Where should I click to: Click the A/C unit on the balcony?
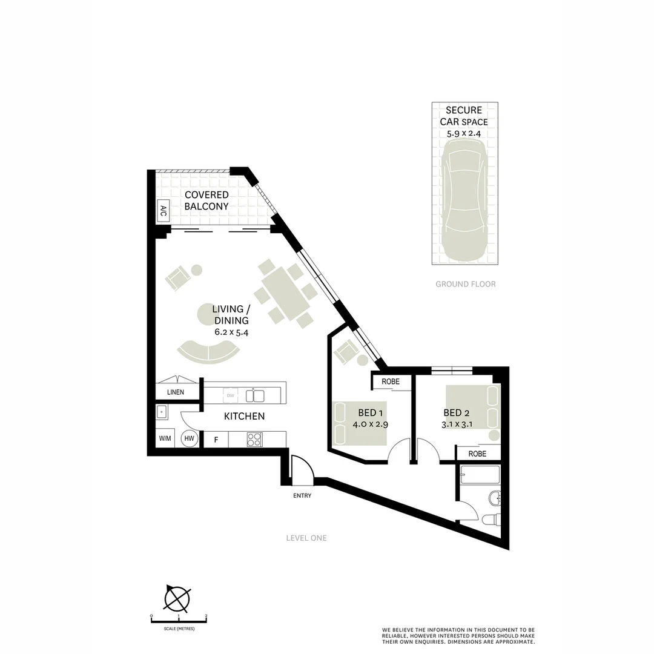click(163, 210)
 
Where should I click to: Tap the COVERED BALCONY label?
click(206, 200)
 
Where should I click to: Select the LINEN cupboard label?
click(176, 392)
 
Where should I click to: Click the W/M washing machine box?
click(165, 438)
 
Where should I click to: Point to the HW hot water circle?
click(190, 438)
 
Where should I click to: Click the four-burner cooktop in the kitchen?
click(254, 439)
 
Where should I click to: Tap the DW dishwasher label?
click(230, 396)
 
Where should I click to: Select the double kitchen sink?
click(255, 396)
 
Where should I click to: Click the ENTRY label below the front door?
click(302, 496)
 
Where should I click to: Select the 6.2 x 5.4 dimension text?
click(231, 332)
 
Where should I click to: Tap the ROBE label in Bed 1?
click(391, 382)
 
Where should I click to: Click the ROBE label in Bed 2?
click(477, 454)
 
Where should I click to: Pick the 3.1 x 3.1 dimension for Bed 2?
click(457, 424)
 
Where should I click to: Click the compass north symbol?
click(177, 599)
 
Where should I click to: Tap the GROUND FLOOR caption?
click(465, 284)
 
